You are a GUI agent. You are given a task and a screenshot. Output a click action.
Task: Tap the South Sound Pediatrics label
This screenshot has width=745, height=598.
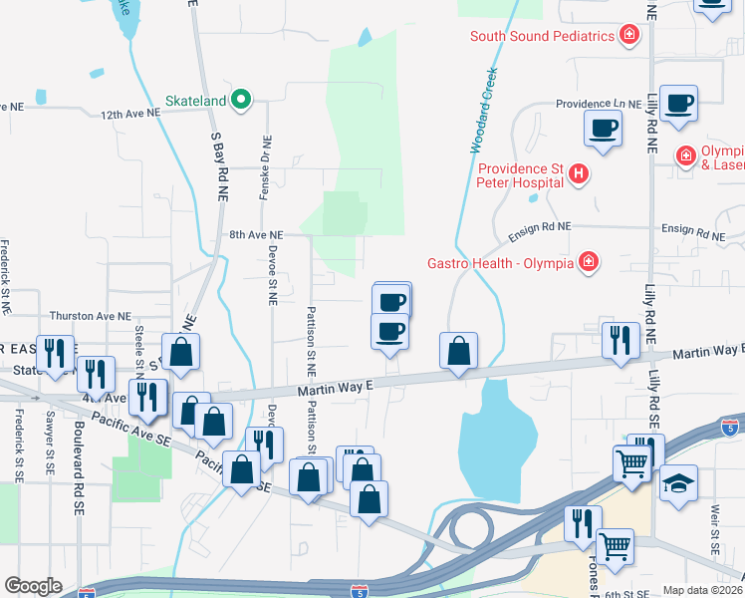(x=542, y=37)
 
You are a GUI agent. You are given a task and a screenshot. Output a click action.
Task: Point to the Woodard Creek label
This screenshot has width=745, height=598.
(x=484, y=110)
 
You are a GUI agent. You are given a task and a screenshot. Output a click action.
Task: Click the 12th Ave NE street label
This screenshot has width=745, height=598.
(x=130, y=114)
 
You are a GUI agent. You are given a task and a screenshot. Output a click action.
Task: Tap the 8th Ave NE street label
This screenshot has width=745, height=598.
(x=256, y=235)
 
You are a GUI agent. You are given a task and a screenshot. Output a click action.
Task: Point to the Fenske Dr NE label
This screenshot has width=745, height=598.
(x=264, y=166)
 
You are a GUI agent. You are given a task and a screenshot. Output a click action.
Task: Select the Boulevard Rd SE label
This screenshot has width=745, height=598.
(x=79, y=465)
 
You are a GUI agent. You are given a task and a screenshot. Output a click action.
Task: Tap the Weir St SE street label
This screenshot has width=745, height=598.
(x=715, y=528)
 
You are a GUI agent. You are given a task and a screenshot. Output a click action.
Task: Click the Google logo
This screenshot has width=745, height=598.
(x=33, y=586)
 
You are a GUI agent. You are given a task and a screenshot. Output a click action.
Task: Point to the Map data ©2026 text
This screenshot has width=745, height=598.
(x=702, y=590)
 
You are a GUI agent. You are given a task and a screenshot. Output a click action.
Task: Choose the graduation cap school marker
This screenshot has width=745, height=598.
(x=679, y=482)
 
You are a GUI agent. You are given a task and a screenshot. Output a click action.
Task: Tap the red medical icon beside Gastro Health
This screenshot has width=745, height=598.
(x=590, y=262)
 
